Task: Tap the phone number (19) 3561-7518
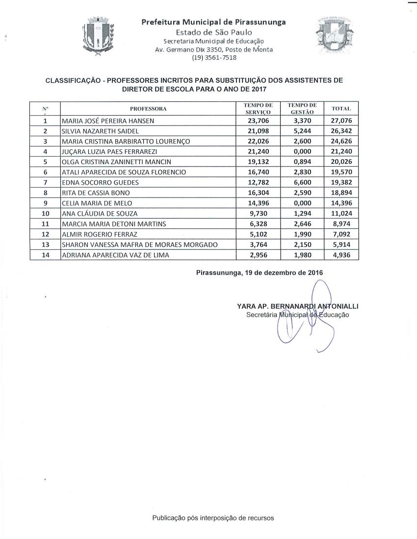pos(214,57)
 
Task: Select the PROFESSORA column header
pos(148,108)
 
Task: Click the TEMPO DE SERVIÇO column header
pos(258,108)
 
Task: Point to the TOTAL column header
pos(341,108)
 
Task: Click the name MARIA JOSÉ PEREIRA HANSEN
pos(107,121)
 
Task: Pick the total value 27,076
pos(342,121)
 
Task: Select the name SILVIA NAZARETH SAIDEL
pos(100,131)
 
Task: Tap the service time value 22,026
pos(258,141)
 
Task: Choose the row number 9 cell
pos(45,203)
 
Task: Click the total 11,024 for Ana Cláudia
pos(342,213)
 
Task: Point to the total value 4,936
pos(342,255)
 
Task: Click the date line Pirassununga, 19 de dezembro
pos(259,272)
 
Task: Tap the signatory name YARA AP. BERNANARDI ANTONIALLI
pos(297,306)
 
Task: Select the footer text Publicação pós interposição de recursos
pos(213,517)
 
